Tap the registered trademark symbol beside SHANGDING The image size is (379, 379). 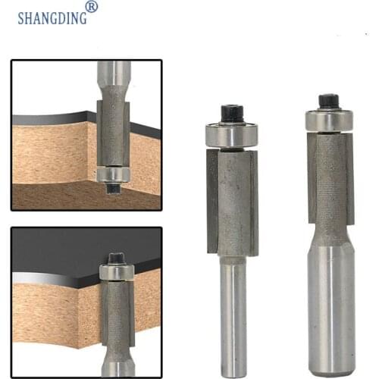(92, 7)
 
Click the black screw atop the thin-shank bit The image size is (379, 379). (230, 114)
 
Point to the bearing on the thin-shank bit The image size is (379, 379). (231, 135)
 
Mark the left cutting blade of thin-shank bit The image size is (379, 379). (213, 201)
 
